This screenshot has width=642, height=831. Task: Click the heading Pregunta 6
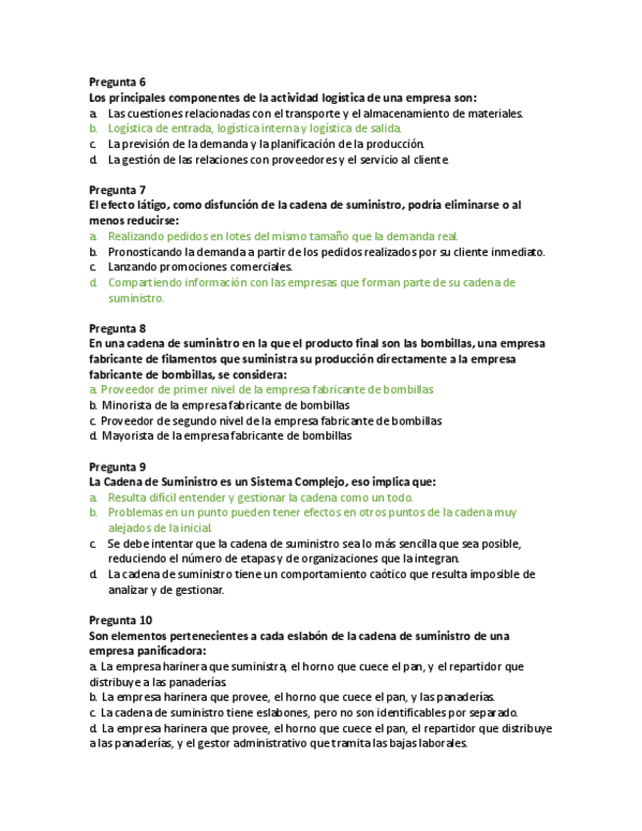(117, 81)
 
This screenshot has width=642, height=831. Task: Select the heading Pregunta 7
(117, 189)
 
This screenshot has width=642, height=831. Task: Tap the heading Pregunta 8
(117, 328)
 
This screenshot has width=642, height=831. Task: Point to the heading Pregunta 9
(117, 466)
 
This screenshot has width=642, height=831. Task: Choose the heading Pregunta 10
(120, 620)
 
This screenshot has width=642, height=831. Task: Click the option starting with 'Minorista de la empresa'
(225, 405)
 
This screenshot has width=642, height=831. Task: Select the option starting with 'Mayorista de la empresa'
(226, 436)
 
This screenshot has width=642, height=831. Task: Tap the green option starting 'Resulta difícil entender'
(260, 497)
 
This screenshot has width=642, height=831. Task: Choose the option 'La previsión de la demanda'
(266, 144)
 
